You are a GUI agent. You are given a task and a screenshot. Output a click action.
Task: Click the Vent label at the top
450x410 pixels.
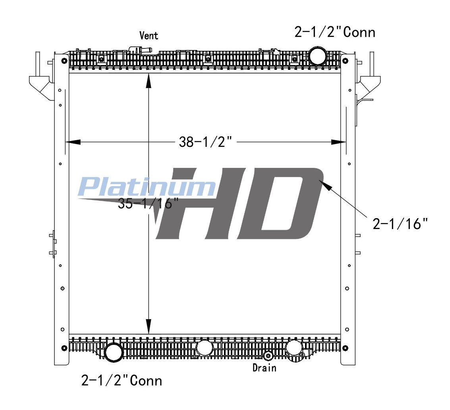(149, 36)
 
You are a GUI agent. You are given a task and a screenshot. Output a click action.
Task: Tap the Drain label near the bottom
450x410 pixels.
(264, 368)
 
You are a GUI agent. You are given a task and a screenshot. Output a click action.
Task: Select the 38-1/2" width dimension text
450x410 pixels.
(205, 142)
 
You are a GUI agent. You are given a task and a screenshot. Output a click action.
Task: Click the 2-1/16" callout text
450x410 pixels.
(400, 223)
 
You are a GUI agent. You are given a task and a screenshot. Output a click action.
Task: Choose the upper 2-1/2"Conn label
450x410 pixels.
(335, 32)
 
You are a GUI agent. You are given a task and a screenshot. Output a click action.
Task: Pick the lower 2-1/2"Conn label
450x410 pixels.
(122, 381)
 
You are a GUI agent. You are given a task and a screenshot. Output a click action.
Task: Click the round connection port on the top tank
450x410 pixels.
(318, 56)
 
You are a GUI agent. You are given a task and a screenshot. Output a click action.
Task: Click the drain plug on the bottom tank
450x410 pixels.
(268, 356)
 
